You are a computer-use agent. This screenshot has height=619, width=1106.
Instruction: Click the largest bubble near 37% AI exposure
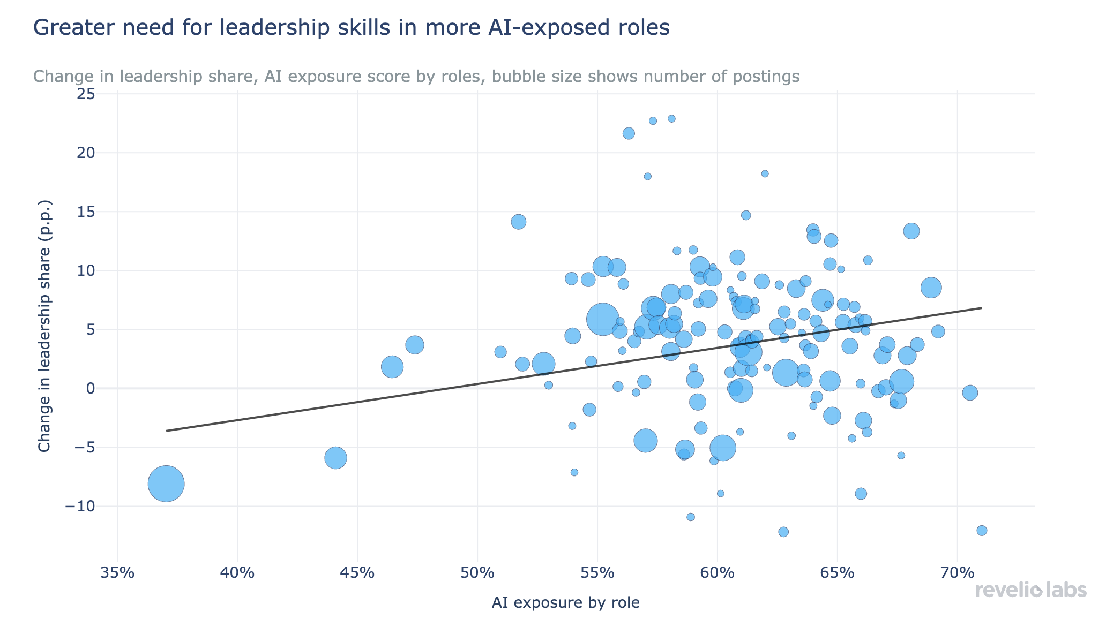(166, 484)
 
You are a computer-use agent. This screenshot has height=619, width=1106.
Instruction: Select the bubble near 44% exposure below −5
(336, 458)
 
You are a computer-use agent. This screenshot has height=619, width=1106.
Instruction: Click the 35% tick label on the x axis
(117, 573)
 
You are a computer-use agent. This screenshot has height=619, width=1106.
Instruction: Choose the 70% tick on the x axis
(957, 573)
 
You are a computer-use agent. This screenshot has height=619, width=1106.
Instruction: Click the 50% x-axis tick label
(477, 573)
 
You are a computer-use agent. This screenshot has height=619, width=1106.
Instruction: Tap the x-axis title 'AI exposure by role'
(565, 603)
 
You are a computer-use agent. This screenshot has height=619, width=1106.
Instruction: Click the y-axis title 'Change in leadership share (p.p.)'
(45, 326)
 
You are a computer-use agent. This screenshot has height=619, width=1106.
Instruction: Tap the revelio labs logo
(1030, 590)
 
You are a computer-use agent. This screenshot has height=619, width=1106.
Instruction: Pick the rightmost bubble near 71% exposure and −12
(982, 531)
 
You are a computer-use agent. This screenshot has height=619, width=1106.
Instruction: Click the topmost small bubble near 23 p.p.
(671, 118)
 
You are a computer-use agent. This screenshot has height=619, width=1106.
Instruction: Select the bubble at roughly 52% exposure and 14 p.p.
(519, 222)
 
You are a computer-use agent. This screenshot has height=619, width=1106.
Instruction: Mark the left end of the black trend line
(167, 431)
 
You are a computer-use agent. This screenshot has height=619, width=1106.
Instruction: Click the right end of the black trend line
(981, 308)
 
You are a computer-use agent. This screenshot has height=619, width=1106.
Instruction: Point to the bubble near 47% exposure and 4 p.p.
(415, 345)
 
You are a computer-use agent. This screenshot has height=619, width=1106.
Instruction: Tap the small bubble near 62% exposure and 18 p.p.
(765, 173)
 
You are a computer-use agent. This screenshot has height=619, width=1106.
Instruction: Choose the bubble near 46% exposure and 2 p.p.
(392, 367)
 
